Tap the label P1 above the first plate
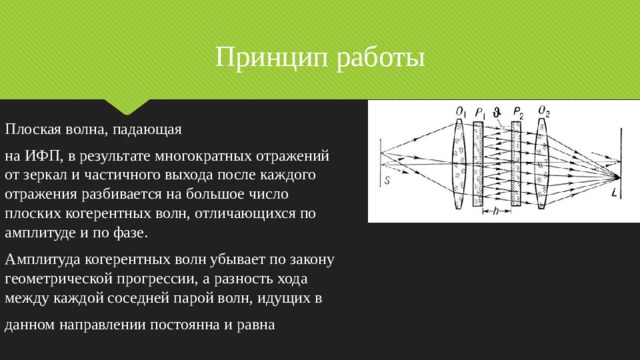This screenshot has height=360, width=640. [481, 111]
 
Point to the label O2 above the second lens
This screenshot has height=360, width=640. [543, 110]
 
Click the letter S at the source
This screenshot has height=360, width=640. [387, 180]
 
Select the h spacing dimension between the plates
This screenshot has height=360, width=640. [497, 211]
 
